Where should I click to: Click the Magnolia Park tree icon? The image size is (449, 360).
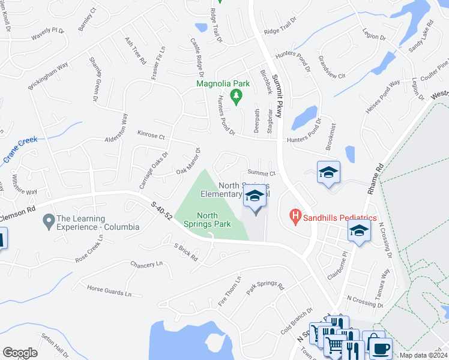point(237,96)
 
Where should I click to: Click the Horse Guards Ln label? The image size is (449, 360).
point(109,291)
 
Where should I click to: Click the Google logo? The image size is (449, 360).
point(20,353)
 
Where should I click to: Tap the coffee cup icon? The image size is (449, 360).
point(381,347)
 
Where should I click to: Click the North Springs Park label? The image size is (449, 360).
point(214,220)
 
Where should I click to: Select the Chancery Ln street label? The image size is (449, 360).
point(146,263)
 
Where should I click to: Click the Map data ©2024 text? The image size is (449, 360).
point(423,355)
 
